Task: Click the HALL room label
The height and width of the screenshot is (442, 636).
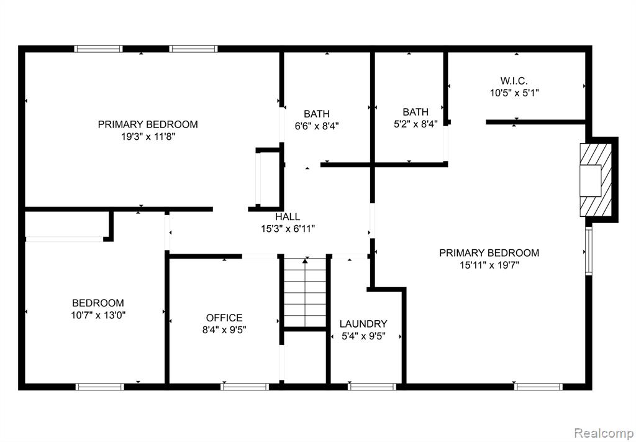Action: coord(288,217)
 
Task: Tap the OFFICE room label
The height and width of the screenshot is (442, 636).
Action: coord(224,318)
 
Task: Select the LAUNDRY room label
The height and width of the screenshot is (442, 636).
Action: coord(363,324)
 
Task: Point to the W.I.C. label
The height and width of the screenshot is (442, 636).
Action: coord(514,80)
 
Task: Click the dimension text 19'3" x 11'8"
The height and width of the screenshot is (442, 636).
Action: coord(148,137)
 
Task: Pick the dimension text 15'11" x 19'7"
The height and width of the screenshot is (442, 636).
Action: coord(489,265)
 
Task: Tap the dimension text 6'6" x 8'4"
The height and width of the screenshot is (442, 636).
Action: coord(317,126)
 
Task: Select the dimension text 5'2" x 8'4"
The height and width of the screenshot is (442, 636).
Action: coord(416,124)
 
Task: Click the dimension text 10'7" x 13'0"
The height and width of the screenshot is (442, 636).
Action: coord(98,315)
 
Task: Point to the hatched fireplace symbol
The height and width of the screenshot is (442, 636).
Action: coord(596,180)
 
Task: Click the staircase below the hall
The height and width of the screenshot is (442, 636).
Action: coord(305,292)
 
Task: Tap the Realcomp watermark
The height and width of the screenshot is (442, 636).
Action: coord(604,433)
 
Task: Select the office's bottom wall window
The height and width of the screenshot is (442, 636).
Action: coord(245,387)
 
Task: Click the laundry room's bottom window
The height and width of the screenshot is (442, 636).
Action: coord(372,387)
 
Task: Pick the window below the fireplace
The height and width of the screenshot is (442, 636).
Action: coord(589,251)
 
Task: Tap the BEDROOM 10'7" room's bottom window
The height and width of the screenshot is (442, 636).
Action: coord(100,387)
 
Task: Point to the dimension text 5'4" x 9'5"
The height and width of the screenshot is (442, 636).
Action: coord(363,336)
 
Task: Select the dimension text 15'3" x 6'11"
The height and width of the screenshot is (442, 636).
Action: coord(288,229)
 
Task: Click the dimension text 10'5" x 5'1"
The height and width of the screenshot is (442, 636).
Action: coord(514,93)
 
